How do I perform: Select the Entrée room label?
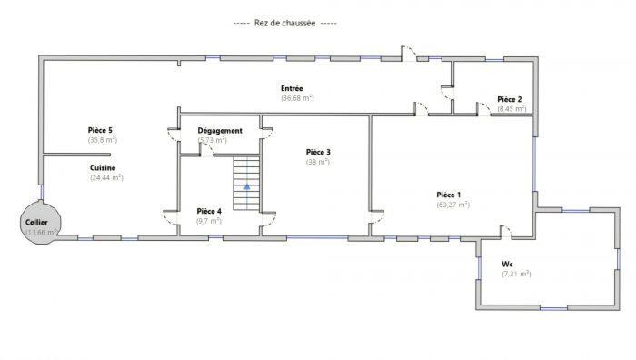(x=292, y=88)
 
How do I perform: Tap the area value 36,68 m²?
(x=297, y=98)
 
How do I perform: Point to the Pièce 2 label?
(x=510, y=99)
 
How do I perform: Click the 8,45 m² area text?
(x=512, y=109)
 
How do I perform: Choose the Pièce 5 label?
(x=101, y=131)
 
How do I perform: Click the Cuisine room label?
(x=102, y=168)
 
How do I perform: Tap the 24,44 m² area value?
(x=106, y=178)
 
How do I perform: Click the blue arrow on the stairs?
(x=245, y=186)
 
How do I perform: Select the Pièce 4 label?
(x=209, y=211)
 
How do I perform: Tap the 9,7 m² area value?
(x=209, y=221)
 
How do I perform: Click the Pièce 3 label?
(x=318, y=152)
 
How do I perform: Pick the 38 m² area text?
(x=318, y=162)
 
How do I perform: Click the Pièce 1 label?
(x=449, y=195)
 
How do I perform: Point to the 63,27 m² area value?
(x=452, y=205)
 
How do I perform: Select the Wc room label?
(x=507, y=264)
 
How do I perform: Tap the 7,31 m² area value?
(x=516, y=274)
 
